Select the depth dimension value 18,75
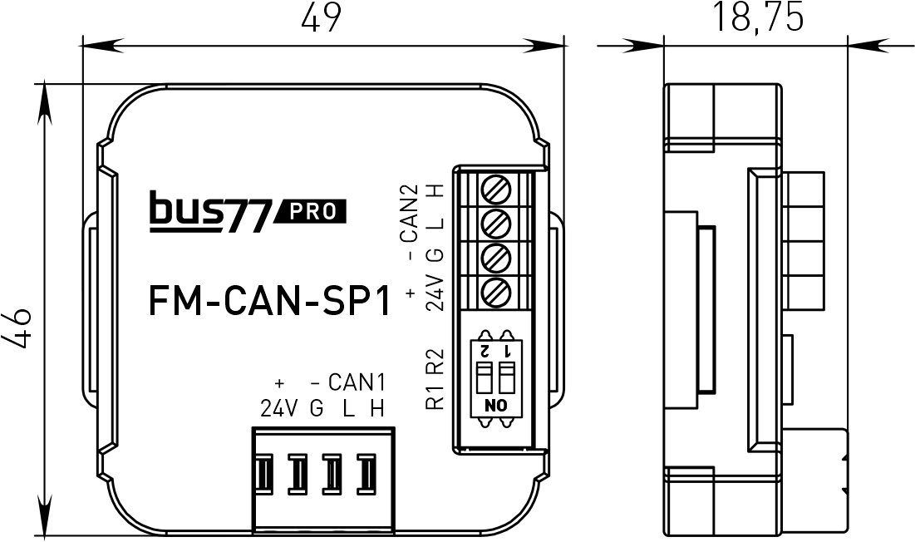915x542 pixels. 757,17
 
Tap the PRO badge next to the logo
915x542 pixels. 316,213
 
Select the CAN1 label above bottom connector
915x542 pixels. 357,383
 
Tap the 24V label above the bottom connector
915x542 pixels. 278,408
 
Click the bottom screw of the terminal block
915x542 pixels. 496,291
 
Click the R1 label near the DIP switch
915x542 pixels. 434,397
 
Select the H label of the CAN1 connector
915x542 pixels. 377,408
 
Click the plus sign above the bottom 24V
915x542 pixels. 279,383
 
